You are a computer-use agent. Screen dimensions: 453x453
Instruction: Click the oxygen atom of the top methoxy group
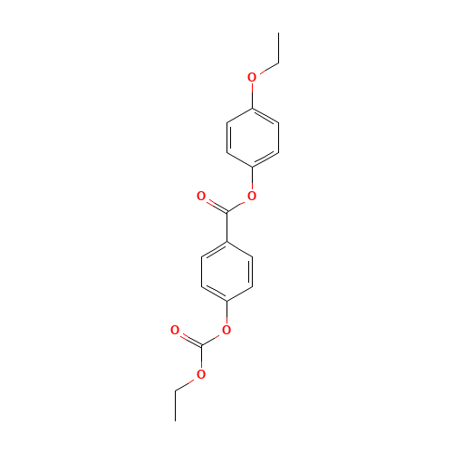[x=252, y=77]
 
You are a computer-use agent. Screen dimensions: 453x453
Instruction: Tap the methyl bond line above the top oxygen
[x=265, y=69]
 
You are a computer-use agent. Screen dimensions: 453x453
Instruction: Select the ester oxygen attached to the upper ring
[x=252, y=196]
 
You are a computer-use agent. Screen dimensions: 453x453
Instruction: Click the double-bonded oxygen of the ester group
[x=200, y=196]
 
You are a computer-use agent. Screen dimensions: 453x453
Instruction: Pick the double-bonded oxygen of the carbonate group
[x=175, y=331]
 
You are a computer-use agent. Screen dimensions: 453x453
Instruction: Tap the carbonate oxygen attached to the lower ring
[x=226, y=331]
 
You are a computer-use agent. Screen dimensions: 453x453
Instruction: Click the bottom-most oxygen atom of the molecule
[x=200, y=374]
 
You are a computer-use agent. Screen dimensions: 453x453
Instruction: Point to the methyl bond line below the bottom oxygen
[x=188, y=382]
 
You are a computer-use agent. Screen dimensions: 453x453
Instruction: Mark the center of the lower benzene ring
[x=226, y=270]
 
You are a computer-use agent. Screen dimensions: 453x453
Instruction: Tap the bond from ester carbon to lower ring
[x=226, y=226]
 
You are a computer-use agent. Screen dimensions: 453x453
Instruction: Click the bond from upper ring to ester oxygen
[x=252, y=180]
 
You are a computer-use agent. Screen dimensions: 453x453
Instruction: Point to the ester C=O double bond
[x=213, y=203]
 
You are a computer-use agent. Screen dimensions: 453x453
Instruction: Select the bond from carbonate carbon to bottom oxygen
[x=200, y=360]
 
